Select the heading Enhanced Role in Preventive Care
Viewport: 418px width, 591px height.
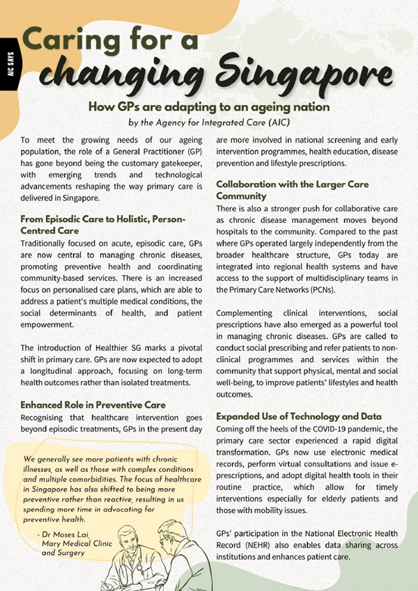(94, 404)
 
